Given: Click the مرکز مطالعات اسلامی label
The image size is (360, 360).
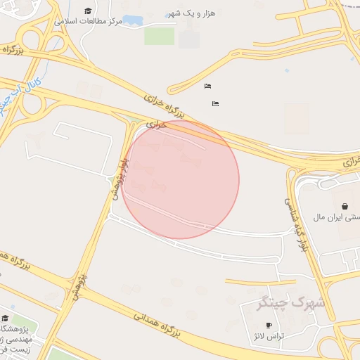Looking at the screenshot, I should pos(92,22).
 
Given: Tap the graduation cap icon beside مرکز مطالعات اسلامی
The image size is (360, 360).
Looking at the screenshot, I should pos(88,11).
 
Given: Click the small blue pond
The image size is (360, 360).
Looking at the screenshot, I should pos(132,20).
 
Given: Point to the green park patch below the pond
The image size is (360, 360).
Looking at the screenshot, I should pos(159,36).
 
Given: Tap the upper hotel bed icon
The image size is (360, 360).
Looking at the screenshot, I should pos(207,86).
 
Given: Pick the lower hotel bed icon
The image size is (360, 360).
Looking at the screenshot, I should pos(215,103).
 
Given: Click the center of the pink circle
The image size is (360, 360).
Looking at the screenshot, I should pos(180,180).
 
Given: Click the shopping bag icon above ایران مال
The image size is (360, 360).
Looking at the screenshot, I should pos(345,207).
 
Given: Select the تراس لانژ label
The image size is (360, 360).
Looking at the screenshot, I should pos(269,336).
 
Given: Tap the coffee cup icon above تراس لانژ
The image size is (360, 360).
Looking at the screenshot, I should pos(269,325).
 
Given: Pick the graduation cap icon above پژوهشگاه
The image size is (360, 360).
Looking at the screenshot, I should pos(4,317).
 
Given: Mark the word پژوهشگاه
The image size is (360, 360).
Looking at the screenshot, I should pos(15,328).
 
